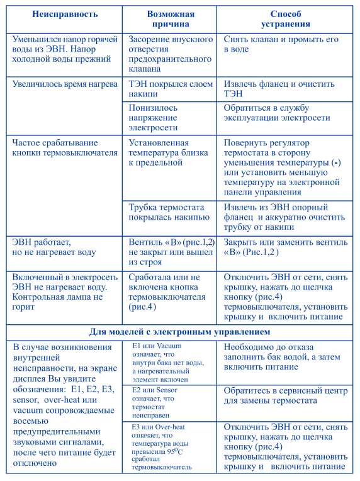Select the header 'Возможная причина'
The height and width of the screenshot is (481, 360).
pos(171,19)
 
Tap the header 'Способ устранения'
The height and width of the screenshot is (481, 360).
pos(286,19)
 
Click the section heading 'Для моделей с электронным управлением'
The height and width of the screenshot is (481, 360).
pos(180,332)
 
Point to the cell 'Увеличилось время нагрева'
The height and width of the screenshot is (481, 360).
pos(65,84)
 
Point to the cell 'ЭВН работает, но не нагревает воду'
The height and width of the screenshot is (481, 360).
pos(54,247)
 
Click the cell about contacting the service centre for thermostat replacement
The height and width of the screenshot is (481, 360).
pos(285,395)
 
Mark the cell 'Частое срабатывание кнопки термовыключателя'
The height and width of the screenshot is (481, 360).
pos(65,147)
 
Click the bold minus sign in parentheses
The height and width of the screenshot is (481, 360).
pos(338,162)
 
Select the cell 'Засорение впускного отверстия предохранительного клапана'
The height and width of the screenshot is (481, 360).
pos(170,54)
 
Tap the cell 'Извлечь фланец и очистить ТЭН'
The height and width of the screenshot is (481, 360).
pos(279,89)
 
